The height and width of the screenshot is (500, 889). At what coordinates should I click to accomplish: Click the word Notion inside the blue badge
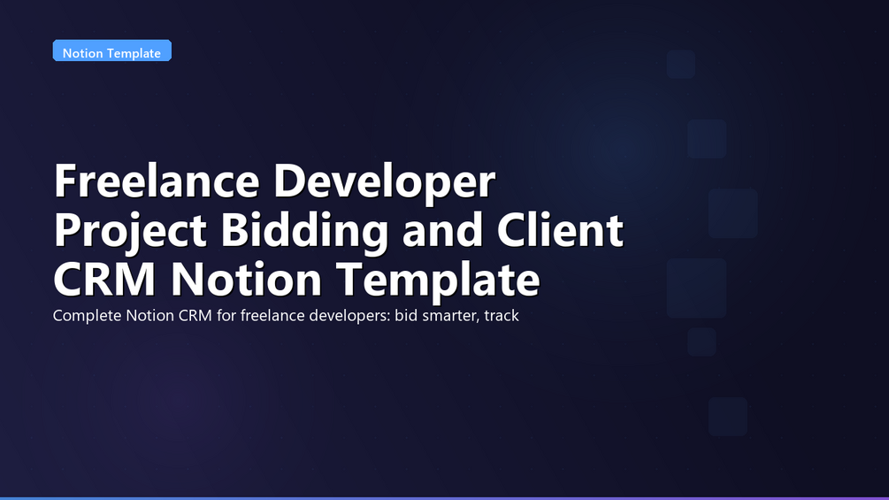pyautogui.click(x=81, y=53)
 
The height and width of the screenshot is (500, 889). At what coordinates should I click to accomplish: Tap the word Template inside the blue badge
pyautogui.click(x=133, y=53)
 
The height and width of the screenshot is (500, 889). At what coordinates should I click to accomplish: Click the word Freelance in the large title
pyautogui.click(x=157, y=181)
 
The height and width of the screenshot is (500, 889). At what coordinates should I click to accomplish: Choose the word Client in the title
pyautogui.click(x=560, y=229)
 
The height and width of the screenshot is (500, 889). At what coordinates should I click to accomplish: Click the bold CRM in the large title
pyautogui.click(x=104, y=279)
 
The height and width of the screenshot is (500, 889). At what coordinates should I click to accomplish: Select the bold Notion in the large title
pyautogui.click(x=246, y=279)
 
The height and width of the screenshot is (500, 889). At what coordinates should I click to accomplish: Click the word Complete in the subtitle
pyautogui.click(x=88, y=316)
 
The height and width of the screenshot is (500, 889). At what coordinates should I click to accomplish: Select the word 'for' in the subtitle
pyautogui.click(x=226, y=315)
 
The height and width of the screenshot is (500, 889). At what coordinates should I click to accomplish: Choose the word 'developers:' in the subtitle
pyautogui.click(x=347, y=316)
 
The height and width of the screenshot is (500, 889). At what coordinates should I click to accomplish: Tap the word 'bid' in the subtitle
pyautogui.click(x=406, y=315)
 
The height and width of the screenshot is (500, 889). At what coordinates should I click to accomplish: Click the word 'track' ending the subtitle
pyautogui.click(x=502, y=315)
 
